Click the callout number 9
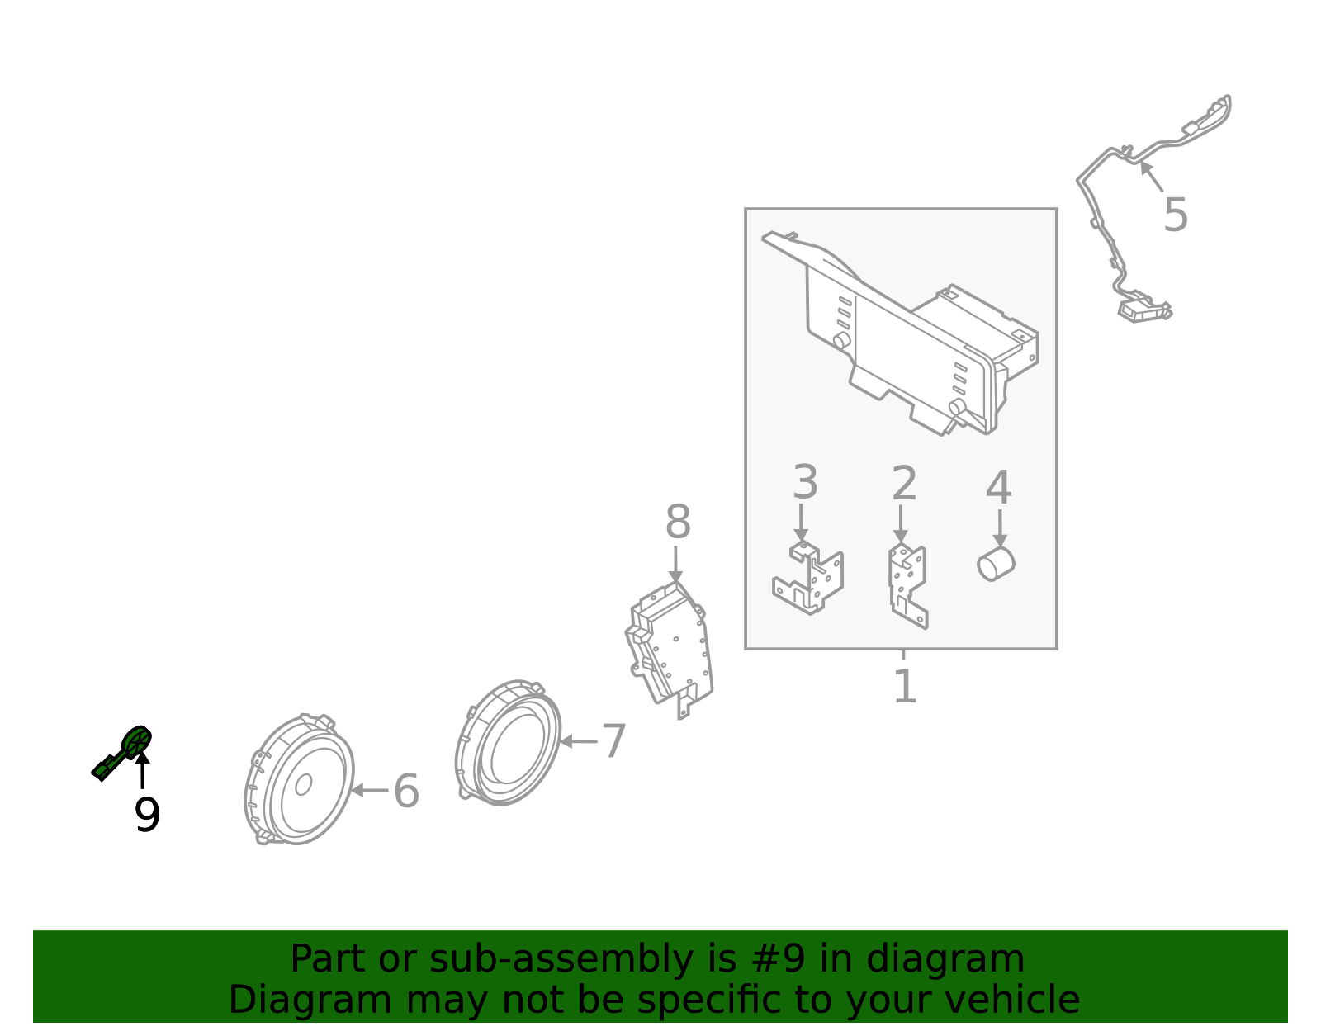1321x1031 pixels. pyautogui.click(x=147, y=816)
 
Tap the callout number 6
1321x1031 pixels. pyautogui.click(x=406, y=792)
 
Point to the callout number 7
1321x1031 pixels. pyautogui.click(x=613, y=741)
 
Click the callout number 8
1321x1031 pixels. pyautogui.click(x=678, y=523)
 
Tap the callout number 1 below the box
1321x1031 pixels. pyautogui.click(x=905, y=686)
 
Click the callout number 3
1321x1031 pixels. pyautogui.click(x=805, y=483)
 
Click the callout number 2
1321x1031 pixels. pyautogui.click(x=904, y=484)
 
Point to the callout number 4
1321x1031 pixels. pyautogui.click(x=998, y=488)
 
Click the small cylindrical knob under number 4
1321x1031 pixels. pyautogui.click(x=996, y=564)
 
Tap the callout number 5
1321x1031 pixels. pyautogui.click(x=1175, y=215)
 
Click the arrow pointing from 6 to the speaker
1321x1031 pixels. pyautogui.click(x=369, y=790)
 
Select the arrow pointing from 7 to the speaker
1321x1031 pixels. pyautogui.click(x=578, y=741)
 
